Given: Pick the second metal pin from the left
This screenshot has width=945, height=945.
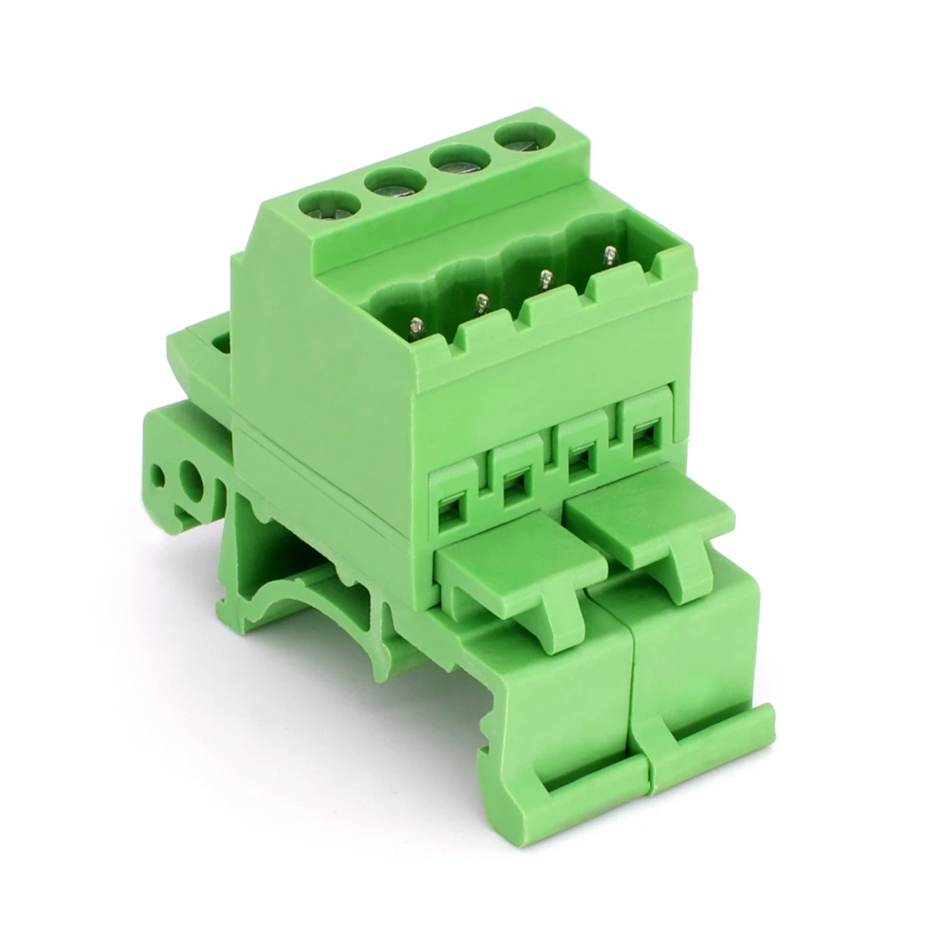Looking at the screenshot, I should tap(481, 302).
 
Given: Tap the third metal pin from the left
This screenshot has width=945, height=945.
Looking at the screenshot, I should tap(545, 279).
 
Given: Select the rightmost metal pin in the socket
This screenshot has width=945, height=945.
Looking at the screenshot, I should tap(610, 255).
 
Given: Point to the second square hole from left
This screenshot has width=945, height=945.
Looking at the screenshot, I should tap(516, 487).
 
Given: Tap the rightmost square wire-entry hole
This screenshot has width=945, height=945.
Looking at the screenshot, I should tap(642, 437).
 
